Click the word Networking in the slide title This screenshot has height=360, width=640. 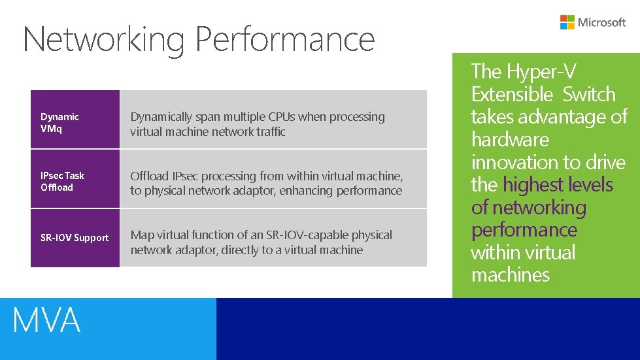(104, 39)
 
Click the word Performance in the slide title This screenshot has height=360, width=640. (285, 39)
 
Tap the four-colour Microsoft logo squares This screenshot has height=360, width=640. (567, 22)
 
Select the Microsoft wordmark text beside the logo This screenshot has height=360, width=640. (601, 22)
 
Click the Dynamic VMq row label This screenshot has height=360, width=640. (59, 123)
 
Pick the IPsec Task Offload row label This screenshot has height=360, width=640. (62, 182)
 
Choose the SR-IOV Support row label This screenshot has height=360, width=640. (75, 238)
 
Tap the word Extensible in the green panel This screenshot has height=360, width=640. (513, 94)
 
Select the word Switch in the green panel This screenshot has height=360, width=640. (589, 94)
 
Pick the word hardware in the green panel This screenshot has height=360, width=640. (510, 140)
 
